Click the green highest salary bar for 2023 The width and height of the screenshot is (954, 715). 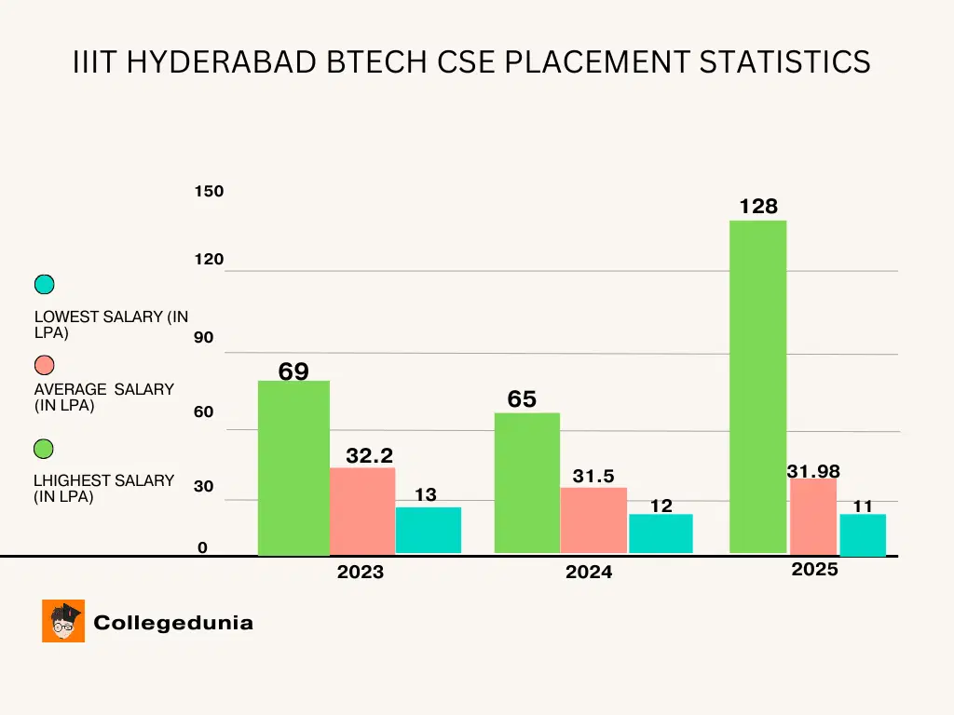293,467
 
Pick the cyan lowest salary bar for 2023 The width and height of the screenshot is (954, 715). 428,530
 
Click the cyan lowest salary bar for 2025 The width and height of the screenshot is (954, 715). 862,533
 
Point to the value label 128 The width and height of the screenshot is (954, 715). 758,207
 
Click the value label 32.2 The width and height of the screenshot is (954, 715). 369,455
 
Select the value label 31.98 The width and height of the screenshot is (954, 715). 813,472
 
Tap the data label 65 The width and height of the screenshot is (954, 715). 522,399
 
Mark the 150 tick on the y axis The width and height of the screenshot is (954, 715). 209,192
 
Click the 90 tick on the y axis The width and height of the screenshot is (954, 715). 203,338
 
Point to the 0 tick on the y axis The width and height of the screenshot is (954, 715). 202,548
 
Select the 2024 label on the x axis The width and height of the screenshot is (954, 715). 589,573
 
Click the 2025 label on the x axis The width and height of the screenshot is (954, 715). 815,570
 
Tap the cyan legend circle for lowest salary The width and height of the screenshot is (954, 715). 44,285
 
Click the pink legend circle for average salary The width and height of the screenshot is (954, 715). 44,364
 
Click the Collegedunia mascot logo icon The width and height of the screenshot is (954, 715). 63,621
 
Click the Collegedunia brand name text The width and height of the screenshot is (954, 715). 173,623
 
